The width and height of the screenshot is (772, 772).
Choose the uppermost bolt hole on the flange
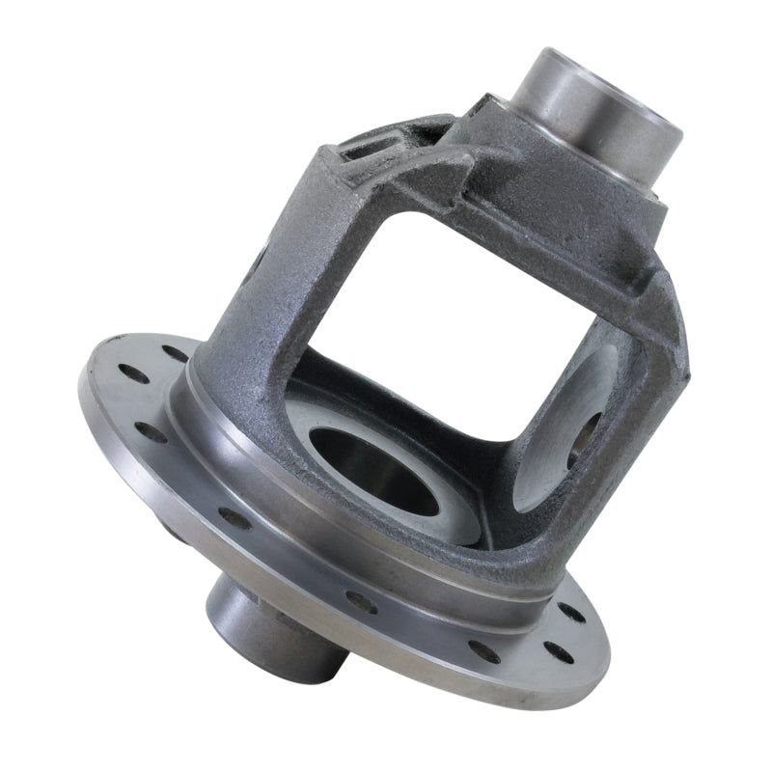click(x=175, y=353)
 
